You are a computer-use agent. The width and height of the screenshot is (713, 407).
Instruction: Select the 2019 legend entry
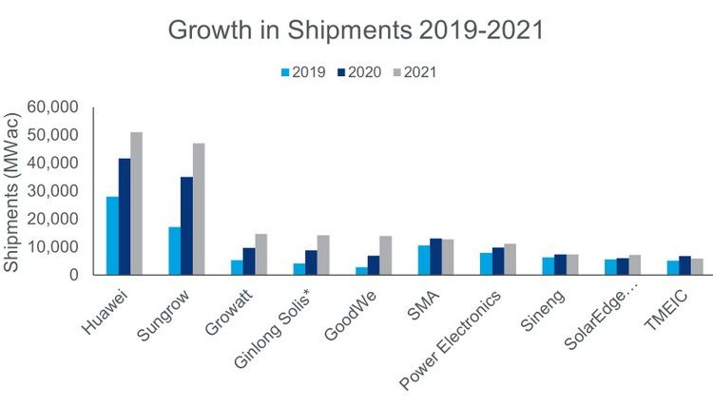point(303,71)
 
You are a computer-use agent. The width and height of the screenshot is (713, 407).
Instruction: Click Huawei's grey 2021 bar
point(137,203)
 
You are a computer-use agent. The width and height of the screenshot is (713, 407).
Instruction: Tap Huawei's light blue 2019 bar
point(112,236)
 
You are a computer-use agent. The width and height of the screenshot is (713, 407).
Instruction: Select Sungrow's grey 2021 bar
point(199,209)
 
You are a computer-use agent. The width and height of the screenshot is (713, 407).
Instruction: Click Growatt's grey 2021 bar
point(260,254)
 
